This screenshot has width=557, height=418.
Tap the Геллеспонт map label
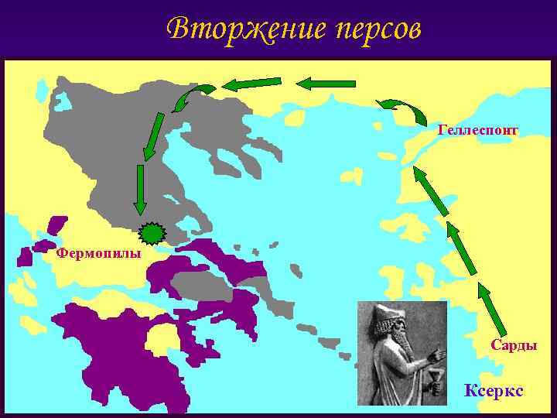(477, 129)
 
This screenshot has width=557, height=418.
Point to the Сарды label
(514, 345)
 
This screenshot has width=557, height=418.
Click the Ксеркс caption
(493, 391)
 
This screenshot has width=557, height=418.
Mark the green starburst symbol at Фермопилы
(151, 233)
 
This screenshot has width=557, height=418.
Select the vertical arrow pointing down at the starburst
(140, 189)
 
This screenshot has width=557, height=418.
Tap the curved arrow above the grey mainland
(191, 98)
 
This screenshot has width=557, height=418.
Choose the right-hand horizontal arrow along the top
(326, 82)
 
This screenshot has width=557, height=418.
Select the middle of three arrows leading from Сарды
(461, 248)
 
